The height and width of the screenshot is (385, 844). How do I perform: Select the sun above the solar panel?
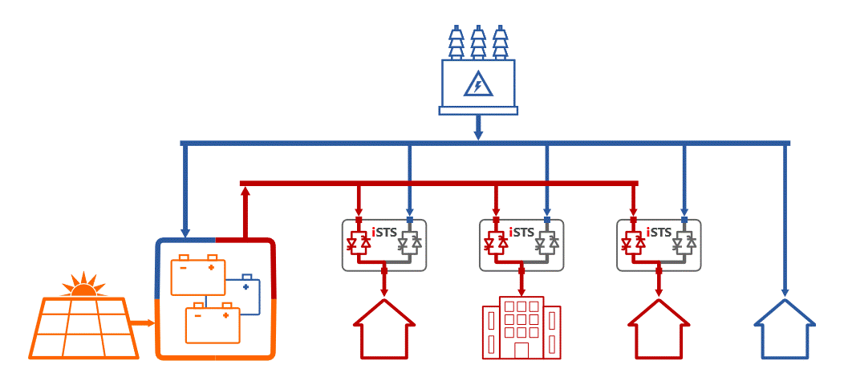(83, 285)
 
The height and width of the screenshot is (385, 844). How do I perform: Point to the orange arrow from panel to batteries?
(142, 324)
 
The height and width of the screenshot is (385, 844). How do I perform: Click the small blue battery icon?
(245, 295)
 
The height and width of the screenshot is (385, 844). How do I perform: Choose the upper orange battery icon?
(198, 276)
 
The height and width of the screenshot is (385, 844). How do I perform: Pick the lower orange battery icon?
(213, 322)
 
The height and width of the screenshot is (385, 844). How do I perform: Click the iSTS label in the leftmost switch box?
(385, 233)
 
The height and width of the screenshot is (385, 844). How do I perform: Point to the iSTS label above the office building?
(521, 233)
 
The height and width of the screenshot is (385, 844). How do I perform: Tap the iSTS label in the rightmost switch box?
(659, 233)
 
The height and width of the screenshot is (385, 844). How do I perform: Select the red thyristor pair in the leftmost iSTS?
(359, 242)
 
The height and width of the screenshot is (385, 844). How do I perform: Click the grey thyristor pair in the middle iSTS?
(546, 242)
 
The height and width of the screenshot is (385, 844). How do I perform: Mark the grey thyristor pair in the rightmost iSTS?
(684, 242)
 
